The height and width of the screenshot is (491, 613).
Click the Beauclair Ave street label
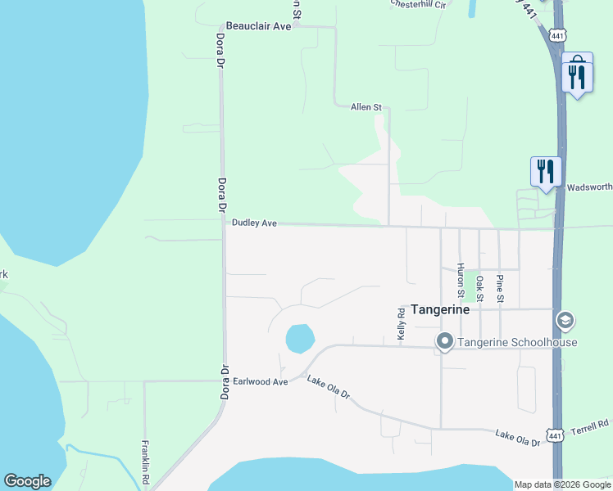click(259, 26)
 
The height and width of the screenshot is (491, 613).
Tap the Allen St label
click(366, 107)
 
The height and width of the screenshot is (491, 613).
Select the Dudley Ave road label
click(255, 223)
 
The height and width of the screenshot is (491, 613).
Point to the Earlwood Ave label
click(261, 381)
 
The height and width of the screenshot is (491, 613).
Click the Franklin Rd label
click(144, 461)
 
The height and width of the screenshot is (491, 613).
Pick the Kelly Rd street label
click(402, 324)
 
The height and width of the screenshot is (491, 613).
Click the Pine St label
click(500, 286)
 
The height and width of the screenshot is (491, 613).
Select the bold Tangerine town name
click(440, 310)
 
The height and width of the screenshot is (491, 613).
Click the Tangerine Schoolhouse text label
click(517, 342)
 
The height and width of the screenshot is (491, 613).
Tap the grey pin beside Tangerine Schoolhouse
click(445, 341)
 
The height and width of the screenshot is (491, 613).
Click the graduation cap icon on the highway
click(564, 320)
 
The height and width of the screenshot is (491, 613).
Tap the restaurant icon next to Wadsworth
click(546, 172)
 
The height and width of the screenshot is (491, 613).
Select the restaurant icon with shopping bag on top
click(577, 75)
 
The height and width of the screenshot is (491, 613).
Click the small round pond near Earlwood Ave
click(299, 337)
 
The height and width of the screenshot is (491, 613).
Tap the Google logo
click(27, 481)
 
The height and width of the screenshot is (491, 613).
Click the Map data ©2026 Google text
click(561, 484)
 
